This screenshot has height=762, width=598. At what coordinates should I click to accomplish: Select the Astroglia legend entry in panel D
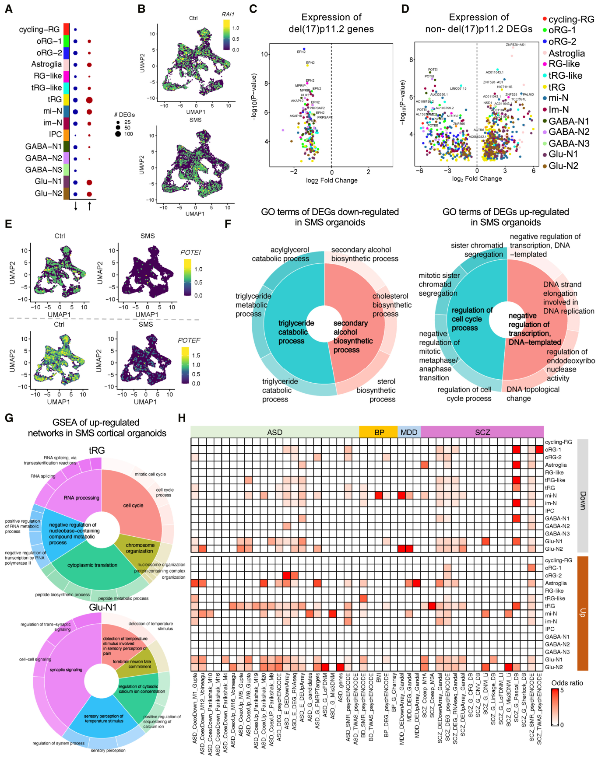tap(566, 53)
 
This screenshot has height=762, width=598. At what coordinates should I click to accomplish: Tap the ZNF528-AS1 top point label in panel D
tap(515, 45)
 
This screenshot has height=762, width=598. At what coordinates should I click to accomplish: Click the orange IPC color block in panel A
tap(66, 135)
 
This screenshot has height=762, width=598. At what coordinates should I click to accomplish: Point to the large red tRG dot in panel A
tap(89, 100)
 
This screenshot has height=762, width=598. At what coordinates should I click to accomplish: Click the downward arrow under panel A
tap(76, 206)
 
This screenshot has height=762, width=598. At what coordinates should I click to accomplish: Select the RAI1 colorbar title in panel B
tap(228, 14)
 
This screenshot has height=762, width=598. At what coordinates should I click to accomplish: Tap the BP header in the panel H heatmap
tap(379, 432)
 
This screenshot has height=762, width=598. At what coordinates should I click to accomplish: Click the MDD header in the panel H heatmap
tap(409, 432)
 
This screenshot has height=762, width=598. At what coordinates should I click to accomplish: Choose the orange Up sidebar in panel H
tap(583, 613)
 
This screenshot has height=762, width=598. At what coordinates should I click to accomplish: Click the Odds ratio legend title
tap(567, 683)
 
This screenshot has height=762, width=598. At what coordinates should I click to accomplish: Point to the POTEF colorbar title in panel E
tap(189, 340)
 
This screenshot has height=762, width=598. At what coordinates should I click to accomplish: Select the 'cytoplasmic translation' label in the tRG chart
tap(92, 565)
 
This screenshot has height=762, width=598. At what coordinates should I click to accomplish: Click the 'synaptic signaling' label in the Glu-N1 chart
tap(66, 670)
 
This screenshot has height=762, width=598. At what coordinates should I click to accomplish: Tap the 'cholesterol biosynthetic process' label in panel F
tap(391, 305)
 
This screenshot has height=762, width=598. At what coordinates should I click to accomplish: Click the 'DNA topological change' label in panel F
tap(533, 394)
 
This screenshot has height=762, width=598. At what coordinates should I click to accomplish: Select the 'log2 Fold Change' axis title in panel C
tap(331, 181)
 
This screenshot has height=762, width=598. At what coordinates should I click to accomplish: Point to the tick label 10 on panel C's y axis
tap(264, 54)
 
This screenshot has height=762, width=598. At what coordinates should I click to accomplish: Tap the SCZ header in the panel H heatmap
tap(482, 432)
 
